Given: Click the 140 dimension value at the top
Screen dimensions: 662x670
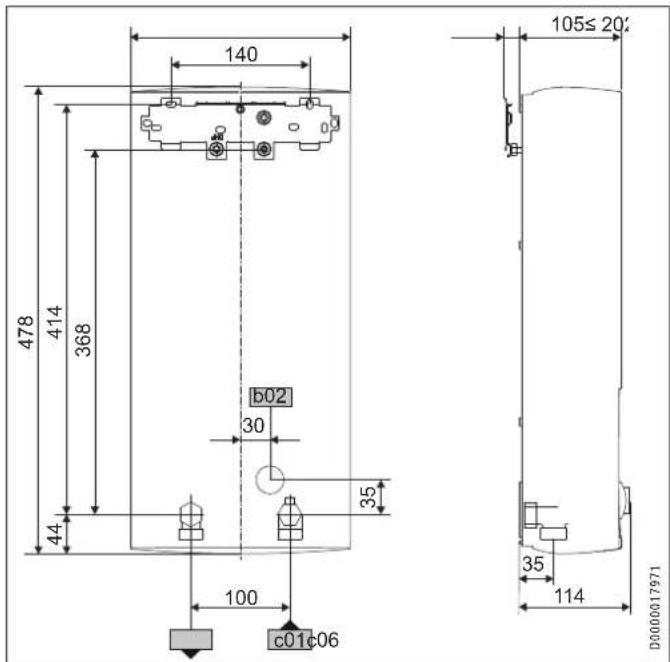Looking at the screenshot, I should [x=240, y=55].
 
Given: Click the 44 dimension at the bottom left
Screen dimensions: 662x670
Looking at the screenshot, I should [x=55, y=535].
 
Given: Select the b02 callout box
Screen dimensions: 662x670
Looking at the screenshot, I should [x=270, y=397].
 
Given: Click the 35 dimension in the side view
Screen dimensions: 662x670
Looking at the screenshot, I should [x=534, y=565].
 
